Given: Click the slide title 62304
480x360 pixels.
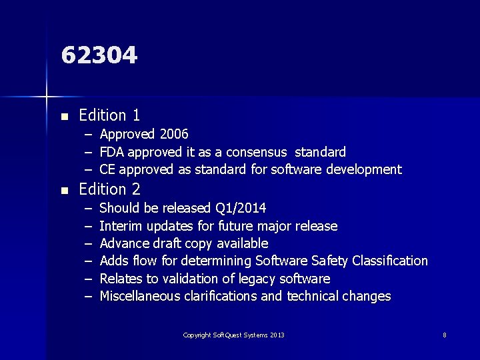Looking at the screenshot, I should (99, 55).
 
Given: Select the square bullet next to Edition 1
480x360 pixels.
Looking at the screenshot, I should (64, 117).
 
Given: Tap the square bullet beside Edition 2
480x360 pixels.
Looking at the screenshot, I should (64, 191).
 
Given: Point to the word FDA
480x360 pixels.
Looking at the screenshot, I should (113, 152).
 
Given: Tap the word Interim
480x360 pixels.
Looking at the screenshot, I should (122, 226).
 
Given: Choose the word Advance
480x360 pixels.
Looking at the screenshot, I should (125, 243).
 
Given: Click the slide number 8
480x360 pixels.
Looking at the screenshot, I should (445, 335).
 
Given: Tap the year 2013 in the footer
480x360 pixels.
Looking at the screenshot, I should (277, 335).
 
